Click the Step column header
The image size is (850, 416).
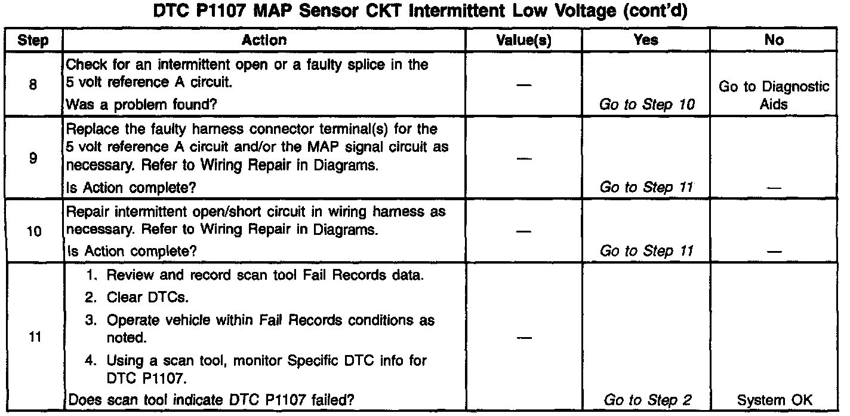[33, 40]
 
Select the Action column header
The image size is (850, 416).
[264, 40]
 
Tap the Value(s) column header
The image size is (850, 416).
[523, 40]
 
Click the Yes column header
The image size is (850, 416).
[646, 40]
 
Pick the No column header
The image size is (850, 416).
[774, 40]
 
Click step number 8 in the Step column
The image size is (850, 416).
[33, 85]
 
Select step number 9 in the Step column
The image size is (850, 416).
[33, 160]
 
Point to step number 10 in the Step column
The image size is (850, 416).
[33, 231]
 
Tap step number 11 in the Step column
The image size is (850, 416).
[33, 337]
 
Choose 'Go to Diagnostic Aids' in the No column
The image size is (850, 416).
[774, 95]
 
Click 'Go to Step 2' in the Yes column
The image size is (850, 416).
[648, 400]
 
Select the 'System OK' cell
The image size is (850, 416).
[774, 400]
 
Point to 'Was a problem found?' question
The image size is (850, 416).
[141, 105]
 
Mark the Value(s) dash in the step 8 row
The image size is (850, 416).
[523, 85]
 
